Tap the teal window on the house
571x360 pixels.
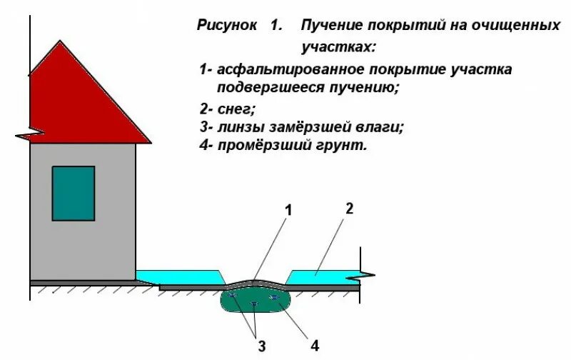pyautogui.click(x=73, y=193)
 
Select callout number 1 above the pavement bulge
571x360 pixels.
pyautogui.click(x=289, y=210)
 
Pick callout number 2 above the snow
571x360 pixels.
pyautogui.click(x=349, y=209)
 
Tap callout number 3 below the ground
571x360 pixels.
pyautogui.click(x=262, y=347)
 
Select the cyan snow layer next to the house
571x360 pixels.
pyautogui.click(x=178, y=275)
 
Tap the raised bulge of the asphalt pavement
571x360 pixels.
pyautogui.click(x=254, y=281)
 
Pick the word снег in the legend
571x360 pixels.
pyautogui.click(x=236, y=109)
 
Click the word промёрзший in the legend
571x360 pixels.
pyautogui.click(x=263, y=146)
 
